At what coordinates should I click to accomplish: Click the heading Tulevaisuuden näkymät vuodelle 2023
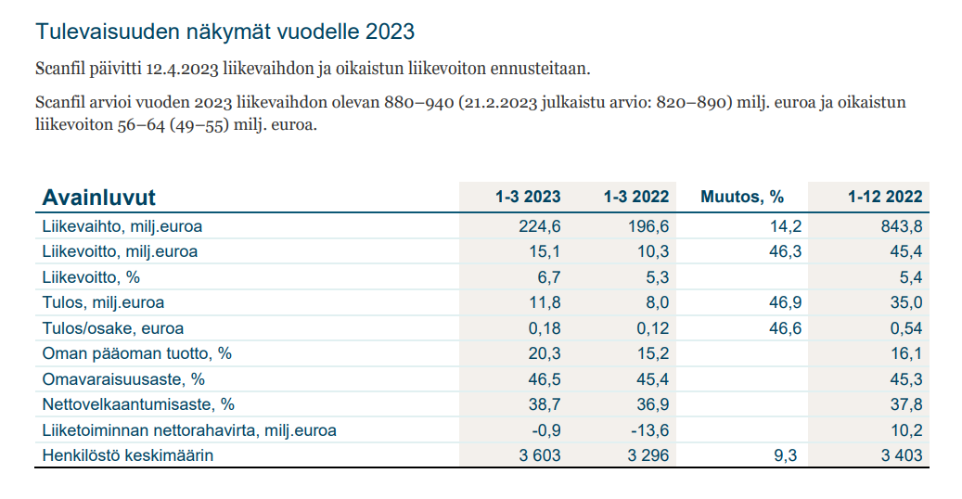[x=224, y=32]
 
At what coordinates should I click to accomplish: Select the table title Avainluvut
[x=99, y=197]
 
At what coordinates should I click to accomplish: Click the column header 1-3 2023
[x=527, y=197]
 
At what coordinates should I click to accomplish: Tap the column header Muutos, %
[x=742, y=197]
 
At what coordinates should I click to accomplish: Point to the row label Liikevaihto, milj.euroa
[x=122, y=225]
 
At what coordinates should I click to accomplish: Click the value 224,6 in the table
[x=539, y=225]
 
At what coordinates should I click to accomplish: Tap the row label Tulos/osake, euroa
[x=113, y=328]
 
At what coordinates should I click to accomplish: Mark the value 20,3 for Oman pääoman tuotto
[x=543, y=353]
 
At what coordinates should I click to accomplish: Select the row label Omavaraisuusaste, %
[x=123, y=379]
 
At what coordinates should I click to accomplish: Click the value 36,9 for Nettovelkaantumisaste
[x=651, y=404]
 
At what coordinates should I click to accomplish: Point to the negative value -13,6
[x=648, y=430]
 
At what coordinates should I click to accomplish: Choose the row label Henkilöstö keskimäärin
[x=128, y=455]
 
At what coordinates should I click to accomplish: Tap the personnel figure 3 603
[x=537, y=455]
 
